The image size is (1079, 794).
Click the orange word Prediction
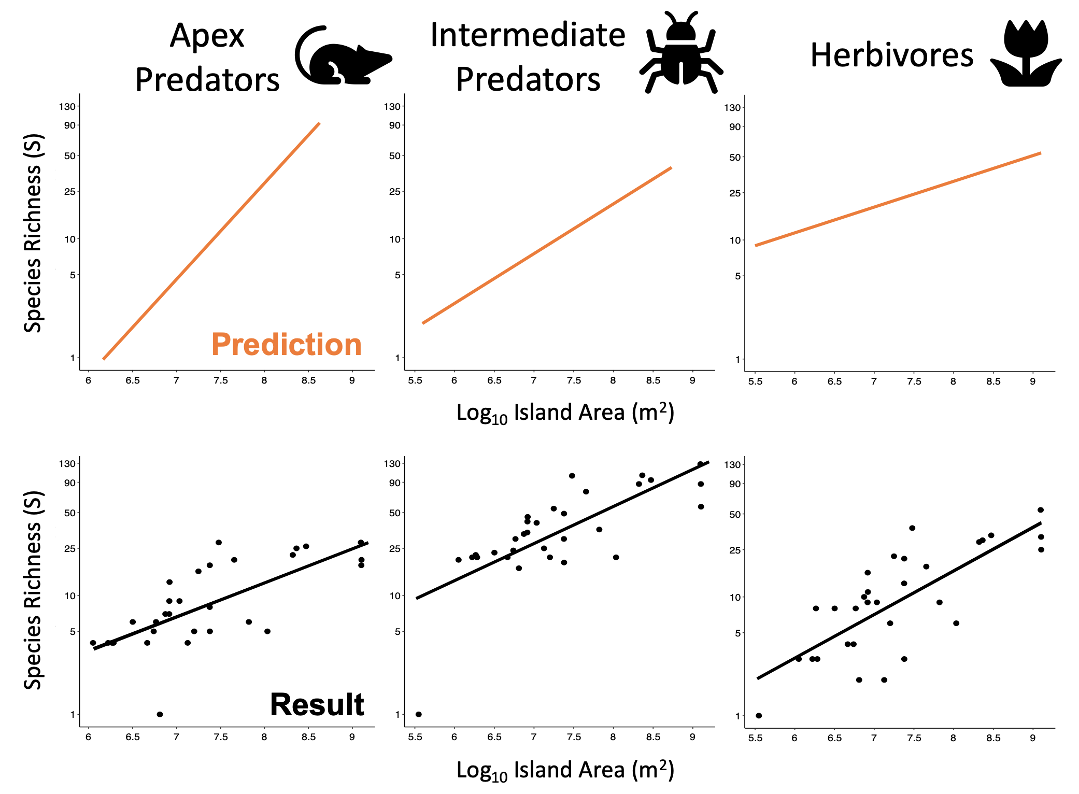287,345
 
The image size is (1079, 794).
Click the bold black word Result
317,705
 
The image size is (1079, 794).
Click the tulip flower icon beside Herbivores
1026,54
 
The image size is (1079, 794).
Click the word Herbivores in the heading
891,55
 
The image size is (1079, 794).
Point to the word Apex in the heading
207,36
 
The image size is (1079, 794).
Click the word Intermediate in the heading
528,35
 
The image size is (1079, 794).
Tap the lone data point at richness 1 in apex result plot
160,714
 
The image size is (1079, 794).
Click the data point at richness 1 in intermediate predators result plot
419,714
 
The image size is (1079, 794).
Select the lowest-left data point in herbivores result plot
759,715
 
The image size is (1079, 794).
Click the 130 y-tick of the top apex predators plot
67,107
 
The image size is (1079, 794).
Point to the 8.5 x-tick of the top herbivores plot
993,381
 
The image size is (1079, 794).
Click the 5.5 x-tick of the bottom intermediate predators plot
415,737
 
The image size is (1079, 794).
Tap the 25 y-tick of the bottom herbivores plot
735,550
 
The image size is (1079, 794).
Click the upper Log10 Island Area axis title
565,413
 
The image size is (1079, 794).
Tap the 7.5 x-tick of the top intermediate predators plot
574,380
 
